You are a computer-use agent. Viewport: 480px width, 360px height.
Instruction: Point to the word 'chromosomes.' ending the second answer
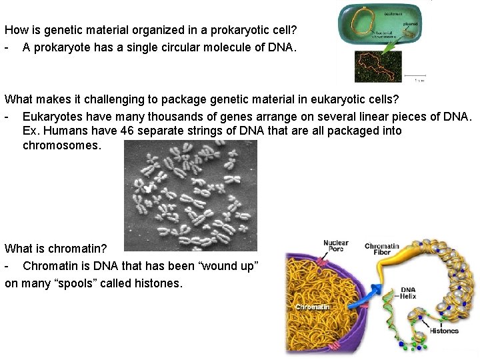(x=62, y=145)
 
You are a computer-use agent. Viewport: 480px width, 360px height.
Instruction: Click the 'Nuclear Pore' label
(x=335, y=247)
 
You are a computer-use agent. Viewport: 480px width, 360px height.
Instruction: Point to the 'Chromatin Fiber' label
(x=381, y=250)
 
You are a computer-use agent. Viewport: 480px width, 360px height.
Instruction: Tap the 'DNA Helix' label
(x=408, y=293)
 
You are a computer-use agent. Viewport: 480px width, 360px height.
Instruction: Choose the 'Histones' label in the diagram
(x=444, y=331)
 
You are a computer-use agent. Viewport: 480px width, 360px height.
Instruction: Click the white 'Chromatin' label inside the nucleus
(x=311, y=307)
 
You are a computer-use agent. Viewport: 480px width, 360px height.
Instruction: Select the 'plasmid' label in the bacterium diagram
(x=410, y=24)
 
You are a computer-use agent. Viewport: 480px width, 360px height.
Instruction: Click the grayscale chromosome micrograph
(x=191, y=195)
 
